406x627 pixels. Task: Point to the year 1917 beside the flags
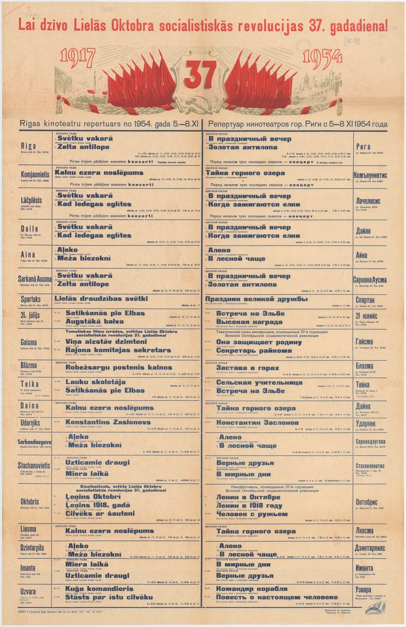tap(80, 56)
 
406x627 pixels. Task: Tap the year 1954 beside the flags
tap(323, 56)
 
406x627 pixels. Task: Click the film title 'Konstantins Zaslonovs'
tap(108, 422)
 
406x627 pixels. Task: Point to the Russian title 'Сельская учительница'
tap(259, 382)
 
